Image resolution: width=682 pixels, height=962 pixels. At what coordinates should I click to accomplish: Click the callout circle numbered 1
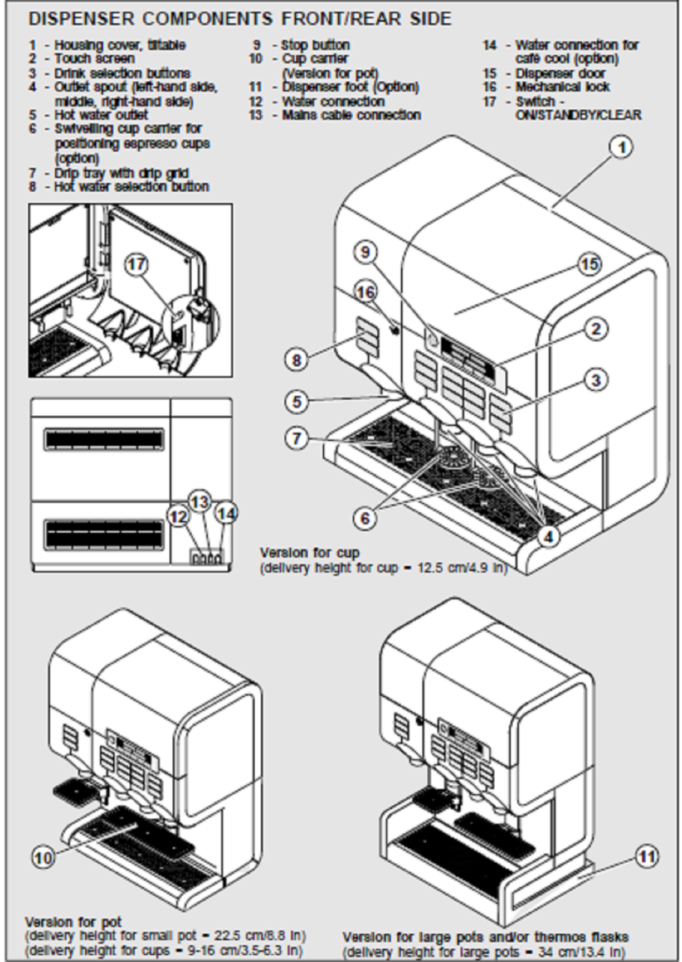point(622,147)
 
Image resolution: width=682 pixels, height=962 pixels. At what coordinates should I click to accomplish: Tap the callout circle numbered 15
point(589,264)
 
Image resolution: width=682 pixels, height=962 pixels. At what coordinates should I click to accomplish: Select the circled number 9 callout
point(365,251)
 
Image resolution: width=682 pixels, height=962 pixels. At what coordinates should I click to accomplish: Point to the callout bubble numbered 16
point(365,292)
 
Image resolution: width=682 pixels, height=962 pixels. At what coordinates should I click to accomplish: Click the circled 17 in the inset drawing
point(138,264)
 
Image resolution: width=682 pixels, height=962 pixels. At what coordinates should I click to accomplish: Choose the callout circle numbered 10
point(43,857)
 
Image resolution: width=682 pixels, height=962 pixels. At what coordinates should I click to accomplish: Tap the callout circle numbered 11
point(647,856)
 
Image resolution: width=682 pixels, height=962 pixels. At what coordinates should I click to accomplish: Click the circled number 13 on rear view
point(200,501)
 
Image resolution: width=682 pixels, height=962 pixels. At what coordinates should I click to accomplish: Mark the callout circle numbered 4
point(548,536)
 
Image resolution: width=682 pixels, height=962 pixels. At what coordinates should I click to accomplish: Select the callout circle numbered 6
point(365,518)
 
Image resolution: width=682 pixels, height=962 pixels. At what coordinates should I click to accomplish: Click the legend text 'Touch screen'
point(94,59)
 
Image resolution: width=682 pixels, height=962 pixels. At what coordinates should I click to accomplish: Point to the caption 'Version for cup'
point(309,553)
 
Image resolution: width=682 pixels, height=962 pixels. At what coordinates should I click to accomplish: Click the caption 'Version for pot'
point(73,922)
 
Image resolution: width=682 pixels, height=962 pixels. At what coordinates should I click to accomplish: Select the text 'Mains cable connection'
point(351,115)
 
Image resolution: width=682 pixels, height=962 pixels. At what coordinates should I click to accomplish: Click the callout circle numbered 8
point(296,360)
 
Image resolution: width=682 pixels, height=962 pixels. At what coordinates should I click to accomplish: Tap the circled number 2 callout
point(595,329)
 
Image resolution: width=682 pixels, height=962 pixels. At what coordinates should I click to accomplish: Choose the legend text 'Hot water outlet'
point(101,115)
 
